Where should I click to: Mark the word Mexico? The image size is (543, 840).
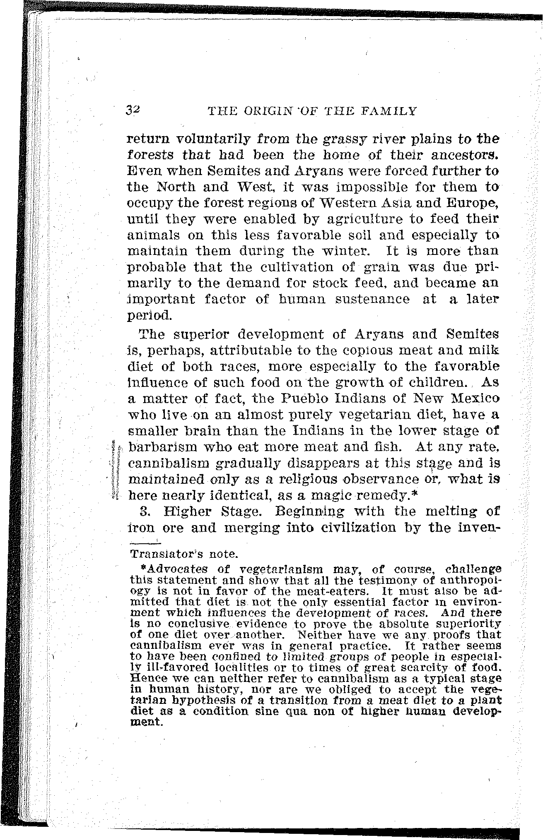[x=473, y=399]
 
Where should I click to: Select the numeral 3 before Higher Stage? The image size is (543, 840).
[x=144, y=512]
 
